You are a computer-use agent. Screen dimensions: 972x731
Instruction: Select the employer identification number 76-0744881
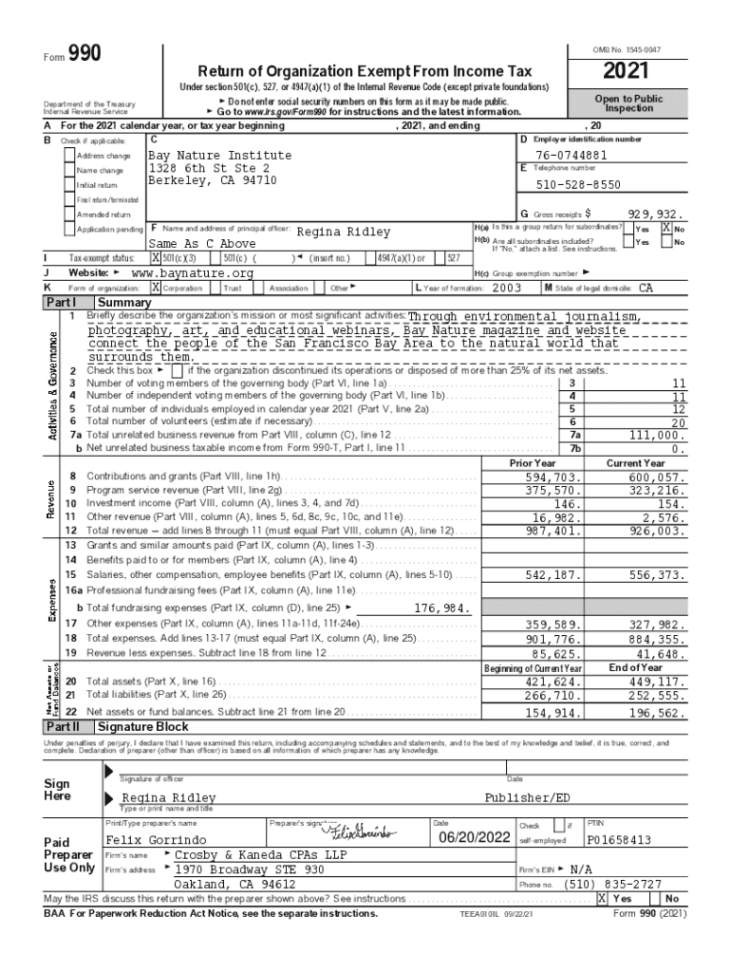571,156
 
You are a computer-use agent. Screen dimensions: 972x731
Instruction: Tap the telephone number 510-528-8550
579,185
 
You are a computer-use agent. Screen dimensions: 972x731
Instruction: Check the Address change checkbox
69,156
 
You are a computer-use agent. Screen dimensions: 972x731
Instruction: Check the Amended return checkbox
69,215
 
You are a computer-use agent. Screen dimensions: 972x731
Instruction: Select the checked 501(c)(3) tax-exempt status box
156,257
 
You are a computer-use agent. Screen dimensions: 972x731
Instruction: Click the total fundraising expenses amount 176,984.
442,607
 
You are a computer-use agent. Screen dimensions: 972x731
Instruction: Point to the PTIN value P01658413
619,840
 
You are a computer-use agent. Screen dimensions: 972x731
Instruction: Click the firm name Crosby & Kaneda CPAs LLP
250,855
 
